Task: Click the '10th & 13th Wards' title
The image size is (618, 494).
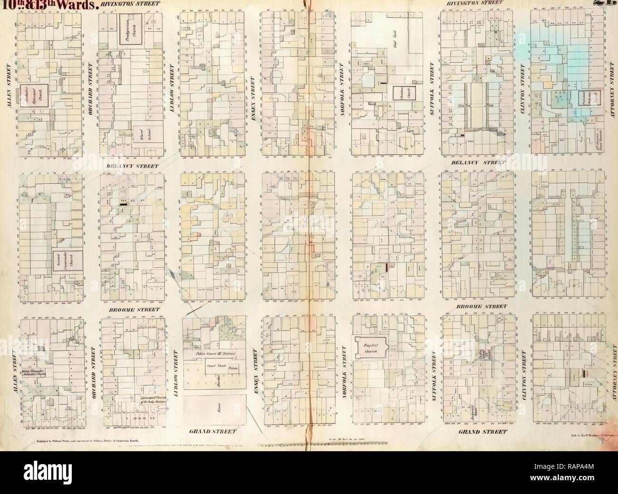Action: click(50, 6)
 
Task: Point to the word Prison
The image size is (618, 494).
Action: click(232, 368)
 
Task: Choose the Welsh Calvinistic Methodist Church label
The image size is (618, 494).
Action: click(31, 373)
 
